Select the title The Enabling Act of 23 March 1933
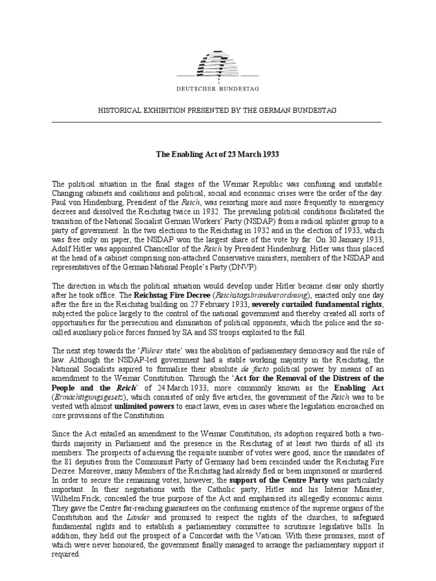click(x=217, y=154)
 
